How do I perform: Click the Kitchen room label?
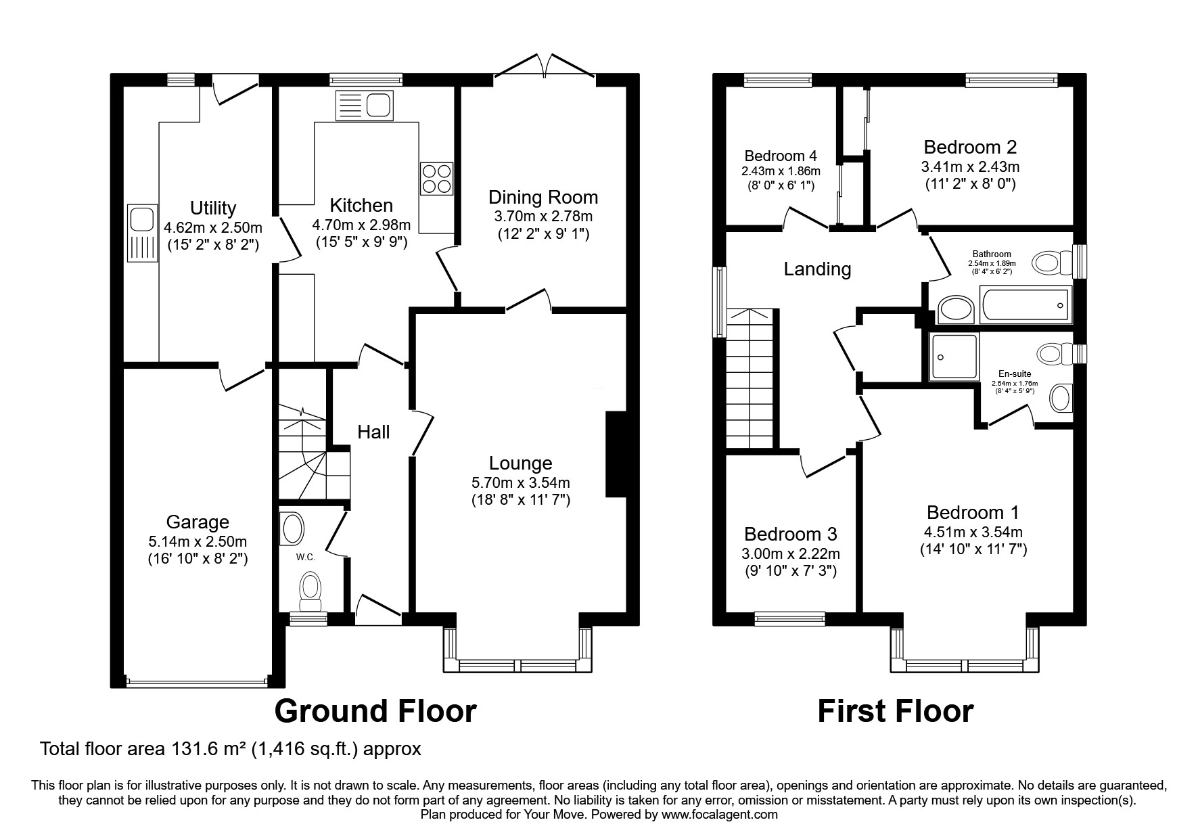click(361, 206)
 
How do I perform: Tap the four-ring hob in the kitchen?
click(436, 179)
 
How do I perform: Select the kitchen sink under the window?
click(364, 106)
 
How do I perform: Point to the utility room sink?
click(141, 233)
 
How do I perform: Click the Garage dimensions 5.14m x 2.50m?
click(198, 541)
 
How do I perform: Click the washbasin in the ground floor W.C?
click(293, 528)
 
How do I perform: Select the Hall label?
click(373, 432)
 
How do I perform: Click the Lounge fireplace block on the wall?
click(616, 454)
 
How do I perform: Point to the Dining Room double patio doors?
click(545, 68)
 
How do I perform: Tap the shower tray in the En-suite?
click(954, 356)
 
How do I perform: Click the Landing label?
click(817, 269)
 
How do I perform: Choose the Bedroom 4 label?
click(781, 156)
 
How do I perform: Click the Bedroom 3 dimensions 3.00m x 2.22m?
click(791, 554)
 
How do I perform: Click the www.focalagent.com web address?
click(719, 815)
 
